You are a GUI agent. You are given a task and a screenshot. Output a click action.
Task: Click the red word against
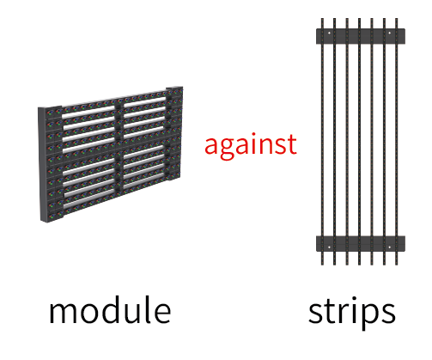251,146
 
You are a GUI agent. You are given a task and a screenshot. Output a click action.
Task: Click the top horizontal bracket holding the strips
361,36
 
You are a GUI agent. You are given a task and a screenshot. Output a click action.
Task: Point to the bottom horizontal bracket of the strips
361,244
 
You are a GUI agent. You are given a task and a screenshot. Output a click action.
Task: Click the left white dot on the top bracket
329,33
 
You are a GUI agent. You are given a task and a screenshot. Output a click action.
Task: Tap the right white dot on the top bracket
389,33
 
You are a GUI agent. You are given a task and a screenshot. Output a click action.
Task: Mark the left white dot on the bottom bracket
329,247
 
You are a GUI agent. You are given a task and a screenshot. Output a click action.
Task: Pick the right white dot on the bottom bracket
389,247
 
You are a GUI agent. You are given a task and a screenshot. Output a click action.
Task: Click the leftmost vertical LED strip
322,142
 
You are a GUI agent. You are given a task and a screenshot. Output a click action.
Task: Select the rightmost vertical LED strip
397,142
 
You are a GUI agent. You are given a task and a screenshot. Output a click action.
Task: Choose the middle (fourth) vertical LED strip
359,142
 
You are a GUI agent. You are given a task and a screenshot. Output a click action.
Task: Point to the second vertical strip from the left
335,142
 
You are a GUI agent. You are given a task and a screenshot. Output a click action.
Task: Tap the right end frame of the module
174,133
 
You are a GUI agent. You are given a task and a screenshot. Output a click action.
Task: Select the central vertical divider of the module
119,146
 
